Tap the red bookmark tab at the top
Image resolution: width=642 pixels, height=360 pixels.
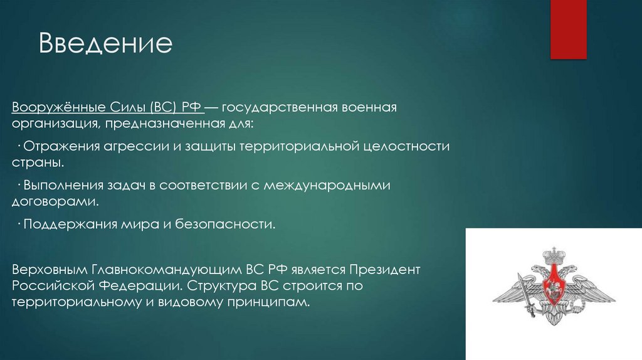(x=568, y=29)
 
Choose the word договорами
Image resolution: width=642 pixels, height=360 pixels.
(x=55, y=202)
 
